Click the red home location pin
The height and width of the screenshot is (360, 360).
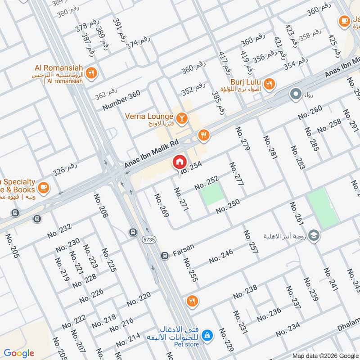[179, 162]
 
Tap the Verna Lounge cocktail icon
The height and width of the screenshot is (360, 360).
[182, 118]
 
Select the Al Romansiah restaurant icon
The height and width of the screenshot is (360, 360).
[91, 73]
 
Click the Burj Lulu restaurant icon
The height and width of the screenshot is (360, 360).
[270, 83]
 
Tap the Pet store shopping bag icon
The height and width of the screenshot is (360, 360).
[207, 335]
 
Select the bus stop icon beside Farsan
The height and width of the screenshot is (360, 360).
[165, 255]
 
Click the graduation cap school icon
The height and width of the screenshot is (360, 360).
[314, 234]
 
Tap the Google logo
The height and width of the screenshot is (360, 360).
[19, 353]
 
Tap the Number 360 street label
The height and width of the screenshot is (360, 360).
[121, 100]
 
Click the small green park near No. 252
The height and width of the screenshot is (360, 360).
[211, 194]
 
